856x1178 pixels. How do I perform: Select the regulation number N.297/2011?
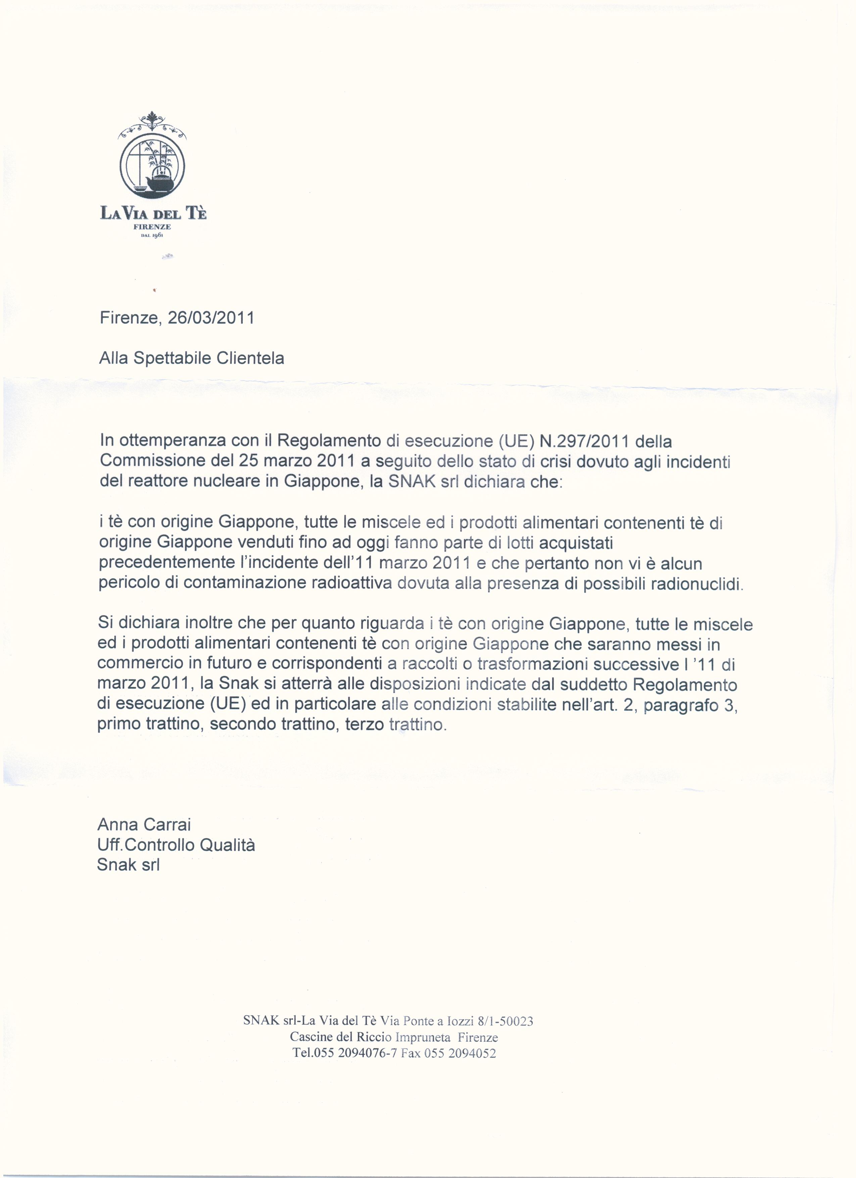click(x=585, y=441)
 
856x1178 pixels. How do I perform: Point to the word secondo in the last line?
click(x=243, y=725)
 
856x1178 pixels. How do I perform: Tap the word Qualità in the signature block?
click(x=228, y=845)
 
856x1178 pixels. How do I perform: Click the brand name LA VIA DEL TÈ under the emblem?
click(x=153, y=213)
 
